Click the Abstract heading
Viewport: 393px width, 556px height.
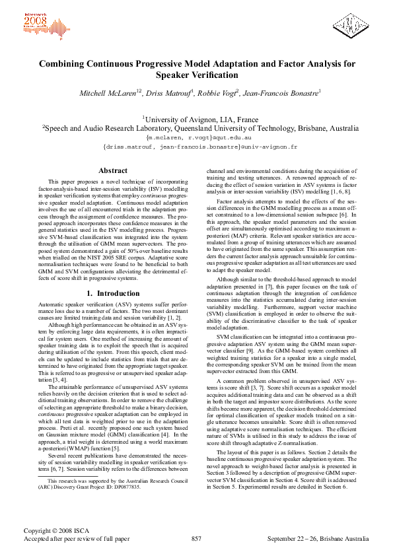pyautogui.click(x=113, y=170)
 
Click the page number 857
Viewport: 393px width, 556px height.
pyautogui.click(x=196, y=539)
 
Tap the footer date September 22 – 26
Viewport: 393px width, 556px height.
pyautogui.click(x=290, y=539)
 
